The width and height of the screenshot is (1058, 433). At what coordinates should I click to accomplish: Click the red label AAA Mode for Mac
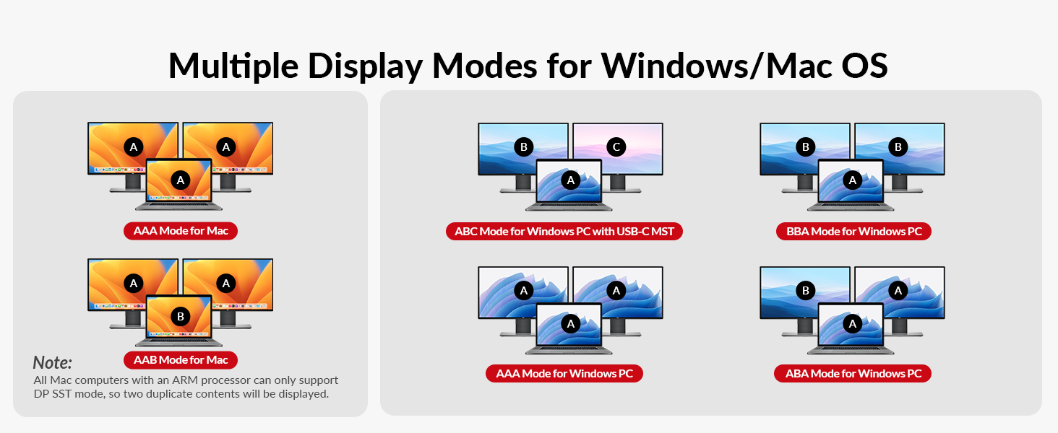[181, 231]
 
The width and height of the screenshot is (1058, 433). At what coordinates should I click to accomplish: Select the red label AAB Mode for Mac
[181, 359]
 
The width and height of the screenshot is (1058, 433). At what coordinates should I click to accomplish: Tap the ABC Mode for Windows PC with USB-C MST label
[564, 232]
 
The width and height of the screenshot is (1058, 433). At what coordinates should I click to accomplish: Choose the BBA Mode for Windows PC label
[853, 232]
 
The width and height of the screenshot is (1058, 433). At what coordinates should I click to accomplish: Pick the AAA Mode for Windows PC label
[564, 374]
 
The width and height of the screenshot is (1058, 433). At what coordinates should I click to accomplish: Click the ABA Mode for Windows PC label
[853, 374]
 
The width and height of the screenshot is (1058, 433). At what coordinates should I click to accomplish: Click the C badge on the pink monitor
[616, 147]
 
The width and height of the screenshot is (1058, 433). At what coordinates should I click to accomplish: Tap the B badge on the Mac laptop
[181, 316]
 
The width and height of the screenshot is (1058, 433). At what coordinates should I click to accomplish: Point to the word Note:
[53, 363]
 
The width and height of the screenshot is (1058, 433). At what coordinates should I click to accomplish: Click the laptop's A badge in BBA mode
[853, 180]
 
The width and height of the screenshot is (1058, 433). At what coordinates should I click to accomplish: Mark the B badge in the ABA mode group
[806, 290]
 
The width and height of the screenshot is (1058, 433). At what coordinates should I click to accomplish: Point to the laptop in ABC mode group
[569, 185]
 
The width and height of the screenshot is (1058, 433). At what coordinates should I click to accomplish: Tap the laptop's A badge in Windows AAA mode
[571, 324]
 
